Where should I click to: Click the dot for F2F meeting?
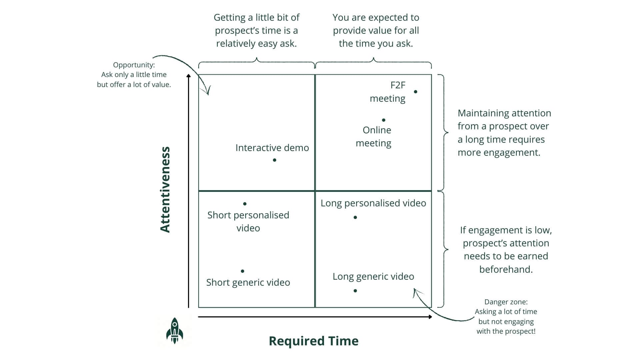(415, 92)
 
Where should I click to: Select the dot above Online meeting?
(384, 120)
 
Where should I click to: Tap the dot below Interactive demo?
(274, 160)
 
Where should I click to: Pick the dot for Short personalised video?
(245, 204)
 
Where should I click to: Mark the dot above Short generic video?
(242, 271)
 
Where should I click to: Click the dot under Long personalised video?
(355, 217)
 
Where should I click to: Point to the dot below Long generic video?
(355, 291)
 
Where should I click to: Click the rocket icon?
(175, 331)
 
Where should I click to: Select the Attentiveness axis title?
(165, 189)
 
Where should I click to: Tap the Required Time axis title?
(313, 341)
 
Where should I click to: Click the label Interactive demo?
(272, 148)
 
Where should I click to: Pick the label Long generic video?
(373, 276)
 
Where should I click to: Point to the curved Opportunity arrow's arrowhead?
(208, 93)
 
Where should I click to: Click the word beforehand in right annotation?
(506, 269)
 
